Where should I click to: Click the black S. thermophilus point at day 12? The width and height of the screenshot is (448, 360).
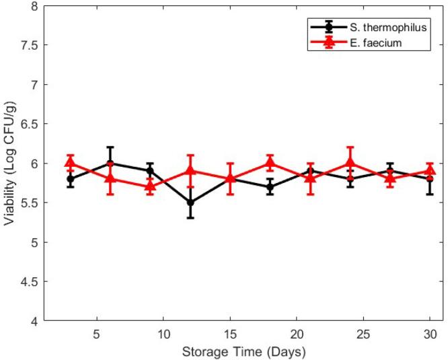click(190, 203)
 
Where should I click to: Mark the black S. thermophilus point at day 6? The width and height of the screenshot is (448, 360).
click(110, 164)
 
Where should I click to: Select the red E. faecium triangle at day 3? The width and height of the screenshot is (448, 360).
click(70, 163)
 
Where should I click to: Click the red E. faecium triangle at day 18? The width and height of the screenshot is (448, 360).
click(270, 163)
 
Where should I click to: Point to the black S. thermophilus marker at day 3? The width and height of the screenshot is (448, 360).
click(70, 179)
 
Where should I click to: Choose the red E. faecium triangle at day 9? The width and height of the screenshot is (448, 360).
click(150, 186)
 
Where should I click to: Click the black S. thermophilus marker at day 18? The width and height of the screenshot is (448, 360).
click(270, 187)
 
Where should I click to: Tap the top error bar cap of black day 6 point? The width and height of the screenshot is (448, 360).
click(110, 147)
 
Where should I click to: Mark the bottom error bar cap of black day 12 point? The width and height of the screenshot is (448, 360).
click(190, 218)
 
